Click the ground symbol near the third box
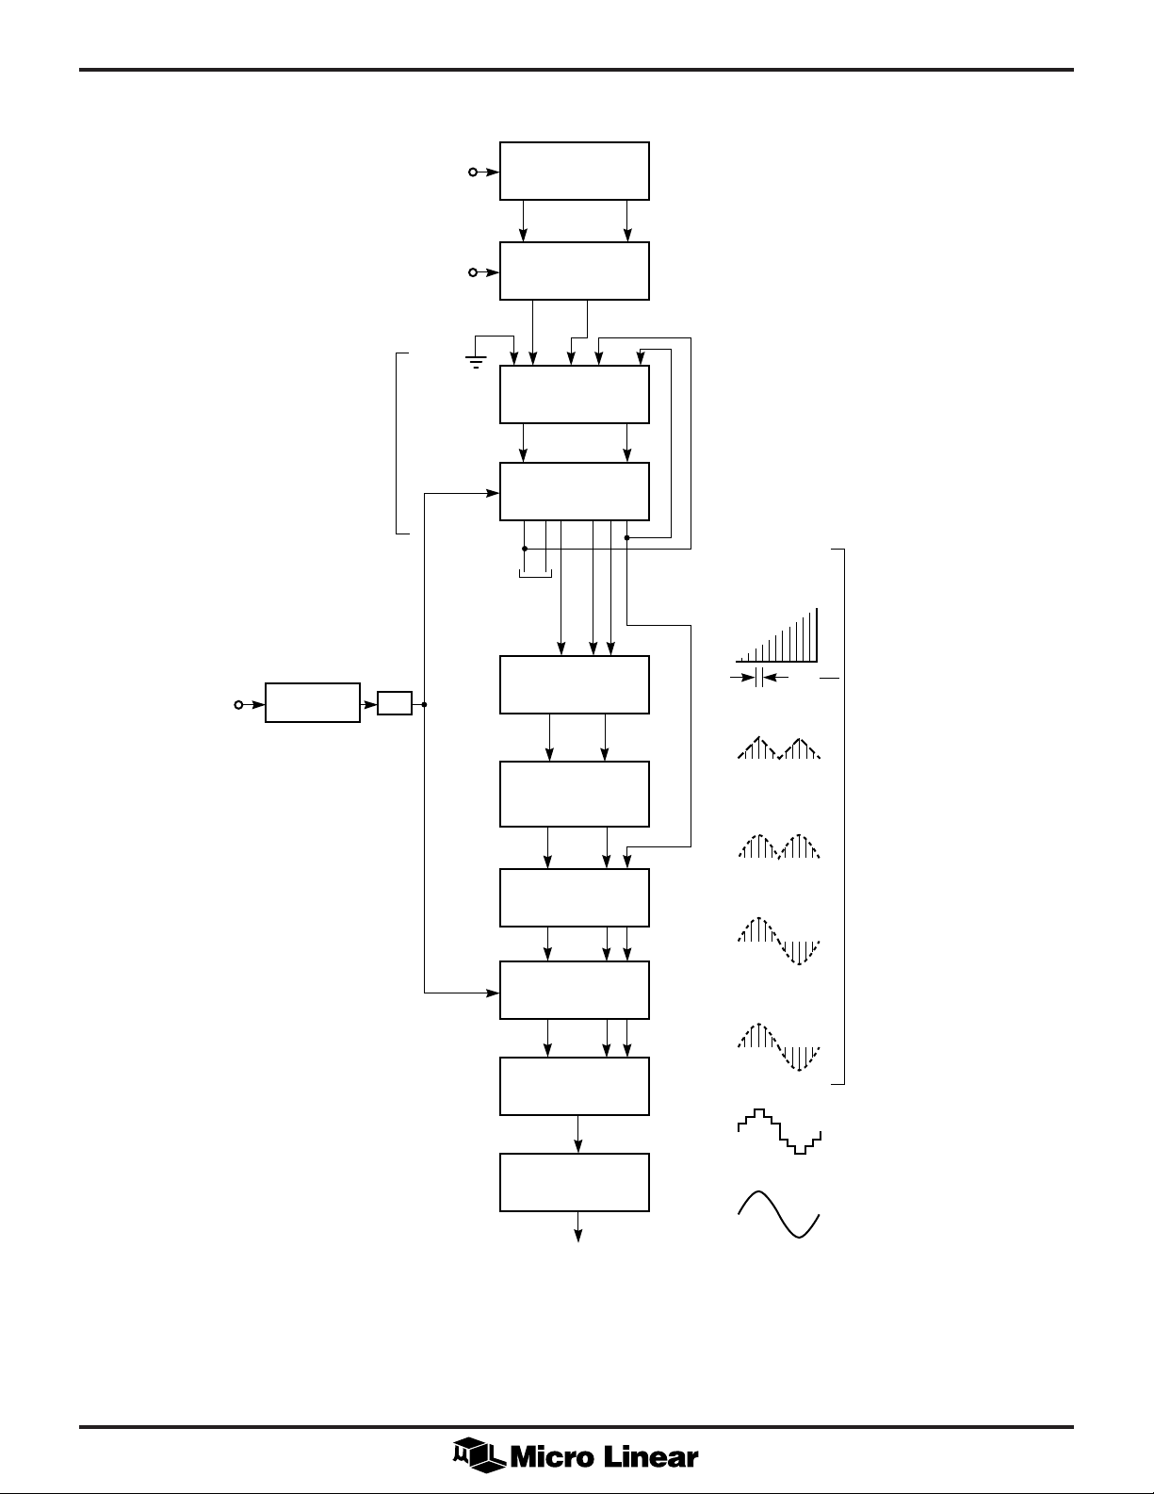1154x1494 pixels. pyautogui.click(x=477, y=360)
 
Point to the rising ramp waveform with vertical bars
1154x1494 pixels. pyautogui.click(x=777, y=637)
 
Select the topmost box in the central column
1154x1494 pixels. pyautogui.click(x=574, y=171)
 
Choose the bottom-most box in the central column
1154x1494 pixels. pyautogui.click(x=574, y=1181)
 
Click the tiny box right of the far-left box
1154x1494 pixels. pyautogui.click(x=394, y=703)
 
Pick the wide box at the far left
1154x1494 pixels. pyautogui.click(x=312, y=703)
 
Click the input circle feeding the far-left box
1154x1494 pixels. pyautogui.click(x=238, y=703)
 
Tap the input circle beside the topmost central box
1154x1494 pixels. pyautogui.click(x=473, y=172)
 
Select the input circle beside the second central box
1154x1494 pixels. pyautogui.click(x=473, y=272)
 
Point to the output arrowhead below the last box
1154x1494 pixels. pyautogui.click(x=577, y=1236)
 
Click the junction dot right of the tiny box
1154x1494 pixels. pyautogui.click(x=426, y=704)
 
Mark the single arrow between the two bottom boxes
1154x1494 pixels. pyautogui.click(x=577, y=1134)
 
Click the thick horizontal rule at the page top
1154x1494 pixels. pyautogui.click(x=577, y=70)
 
